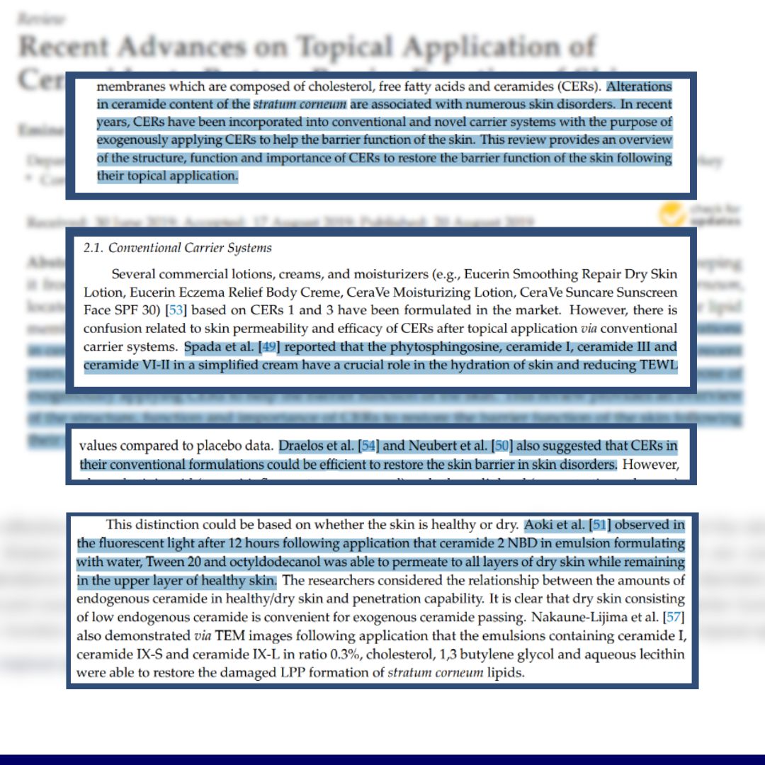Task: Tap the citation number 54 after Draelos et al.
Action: pyautogui.click(x=368, y=446)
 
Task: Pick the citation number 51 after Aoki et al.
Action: pyautogui.click(x=600, y=525)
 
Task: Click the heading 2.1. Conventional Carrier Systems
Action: pyautogui.click(x=177, y=249)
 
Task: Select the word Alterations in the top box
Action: pyautogui.click(x=640, y=87)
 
